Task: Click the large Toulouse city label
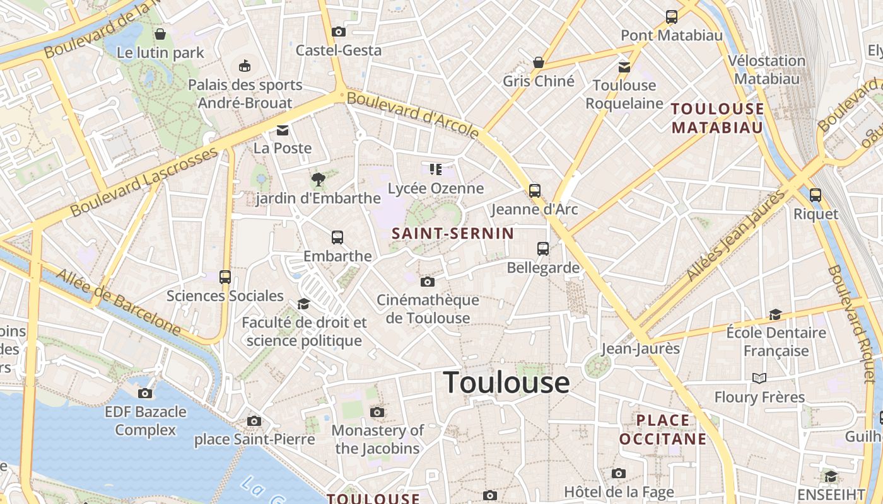click(506, 382)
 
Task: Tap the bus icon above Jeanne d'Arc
click(535, 190)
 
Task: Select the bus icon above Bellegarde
click(543, 249)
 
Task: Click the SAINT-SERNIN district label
click(453, 233)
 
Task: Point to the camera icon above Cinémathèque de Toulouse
click(428, 282)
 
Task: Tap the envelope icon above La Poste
click(282, 130)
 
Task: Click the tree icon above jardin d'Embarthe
click(319, 180)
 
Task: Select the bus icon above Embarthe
click(337, 238)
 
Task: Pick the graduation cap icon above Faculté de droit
click(303, 304)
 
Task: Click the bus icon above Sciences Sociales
click(225, 277)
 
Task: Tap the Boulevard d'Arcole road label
click(413, 114)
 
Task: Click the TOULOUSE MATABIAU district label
click(718, 118)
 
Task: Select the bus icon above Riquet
click(816, 195)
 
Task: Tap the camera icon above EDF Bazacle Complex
click(145, 393)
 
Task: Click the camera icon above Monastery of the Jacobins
click(377, 413)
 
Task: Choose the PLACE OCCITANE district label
click(663, 429)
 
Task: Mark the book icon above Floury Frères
click(759, 378)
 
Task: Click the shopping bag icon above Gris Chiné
click(539, 62)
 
